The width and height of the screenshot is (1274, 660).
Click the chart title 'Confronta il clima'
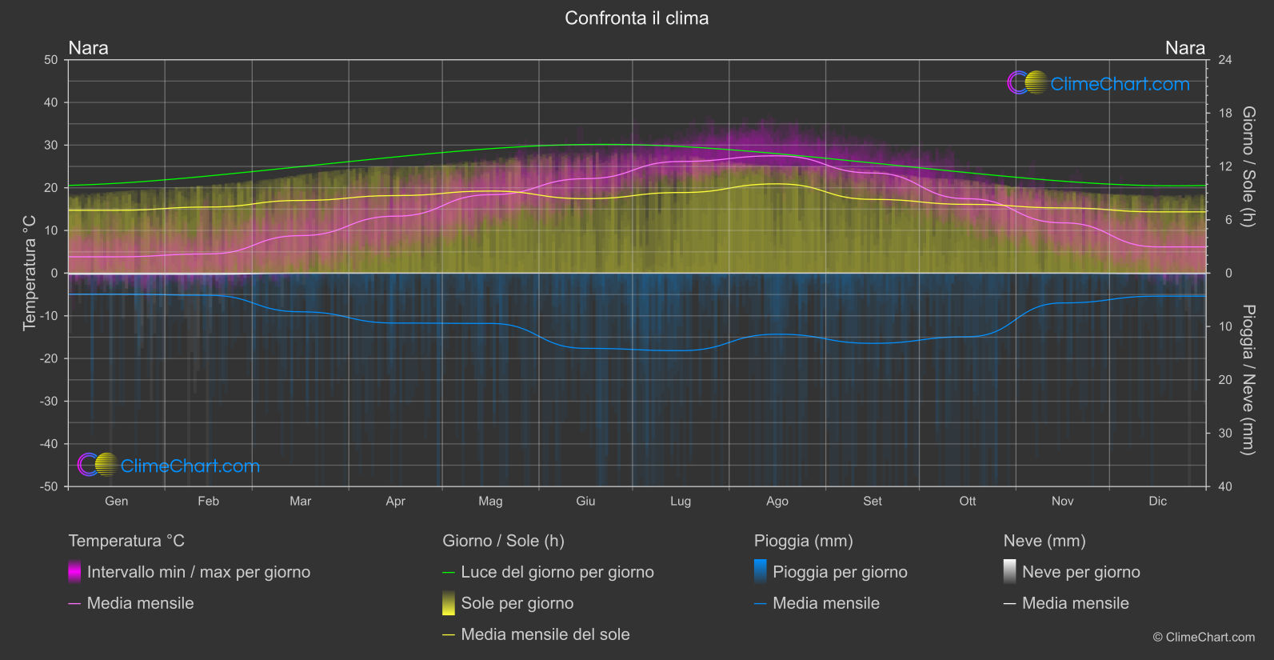(x=637, y=18)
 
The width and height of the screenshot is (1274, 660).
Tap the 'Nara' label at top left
(x=88, y=48)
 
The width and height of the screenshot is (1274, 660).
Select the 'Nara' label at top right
(x=1184, y=48)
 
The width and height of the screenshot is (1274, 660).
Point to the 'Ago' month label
(x=777, y=502)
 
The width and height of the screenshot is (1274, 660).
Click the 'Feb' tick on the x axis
(x=208, y=502)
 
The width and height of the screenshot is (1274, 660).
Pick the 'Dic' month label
(x=1157, y=502)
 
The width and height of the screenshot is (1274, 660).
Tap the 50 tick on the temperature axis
(x=51, y=60)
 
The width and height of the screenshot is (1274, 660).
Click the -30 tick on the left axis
(x=49, y=402)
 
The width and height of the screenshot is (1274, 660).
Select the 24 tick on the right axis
(x=1224, y=60)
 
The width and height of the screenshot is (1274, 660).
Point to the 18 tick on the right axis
(x=1224, y=114)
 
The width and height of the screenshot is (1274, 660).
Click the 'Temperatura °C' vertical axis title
(x=30, y=272)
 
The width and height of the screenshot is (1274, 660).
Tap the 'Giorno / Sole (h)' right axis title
(x=1248, y=166)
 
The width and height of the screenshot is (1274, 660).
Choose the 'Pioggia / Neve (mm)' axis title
(x=1248, y=380)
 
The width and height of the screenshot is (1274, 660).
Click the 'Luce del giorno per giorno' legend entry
(x=557, y=572)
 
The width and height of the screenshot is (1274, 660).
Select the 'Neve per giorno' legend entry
(x=1080, y=572)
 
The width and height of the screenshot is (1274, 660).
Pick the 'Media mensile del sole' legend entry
(x=545, y=634)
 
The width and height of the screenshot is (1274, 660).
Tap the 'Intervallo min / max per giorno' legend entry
(x=198, y=572)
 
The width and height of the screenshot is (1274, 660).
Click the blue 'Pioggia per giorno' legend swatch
(x=761, y=571)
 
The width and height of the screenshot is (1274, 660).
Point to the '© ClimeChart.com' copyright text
(x=1204, y=638)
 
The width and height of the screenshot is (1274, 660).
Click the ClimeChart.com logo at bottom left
(x=169, y=466)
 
